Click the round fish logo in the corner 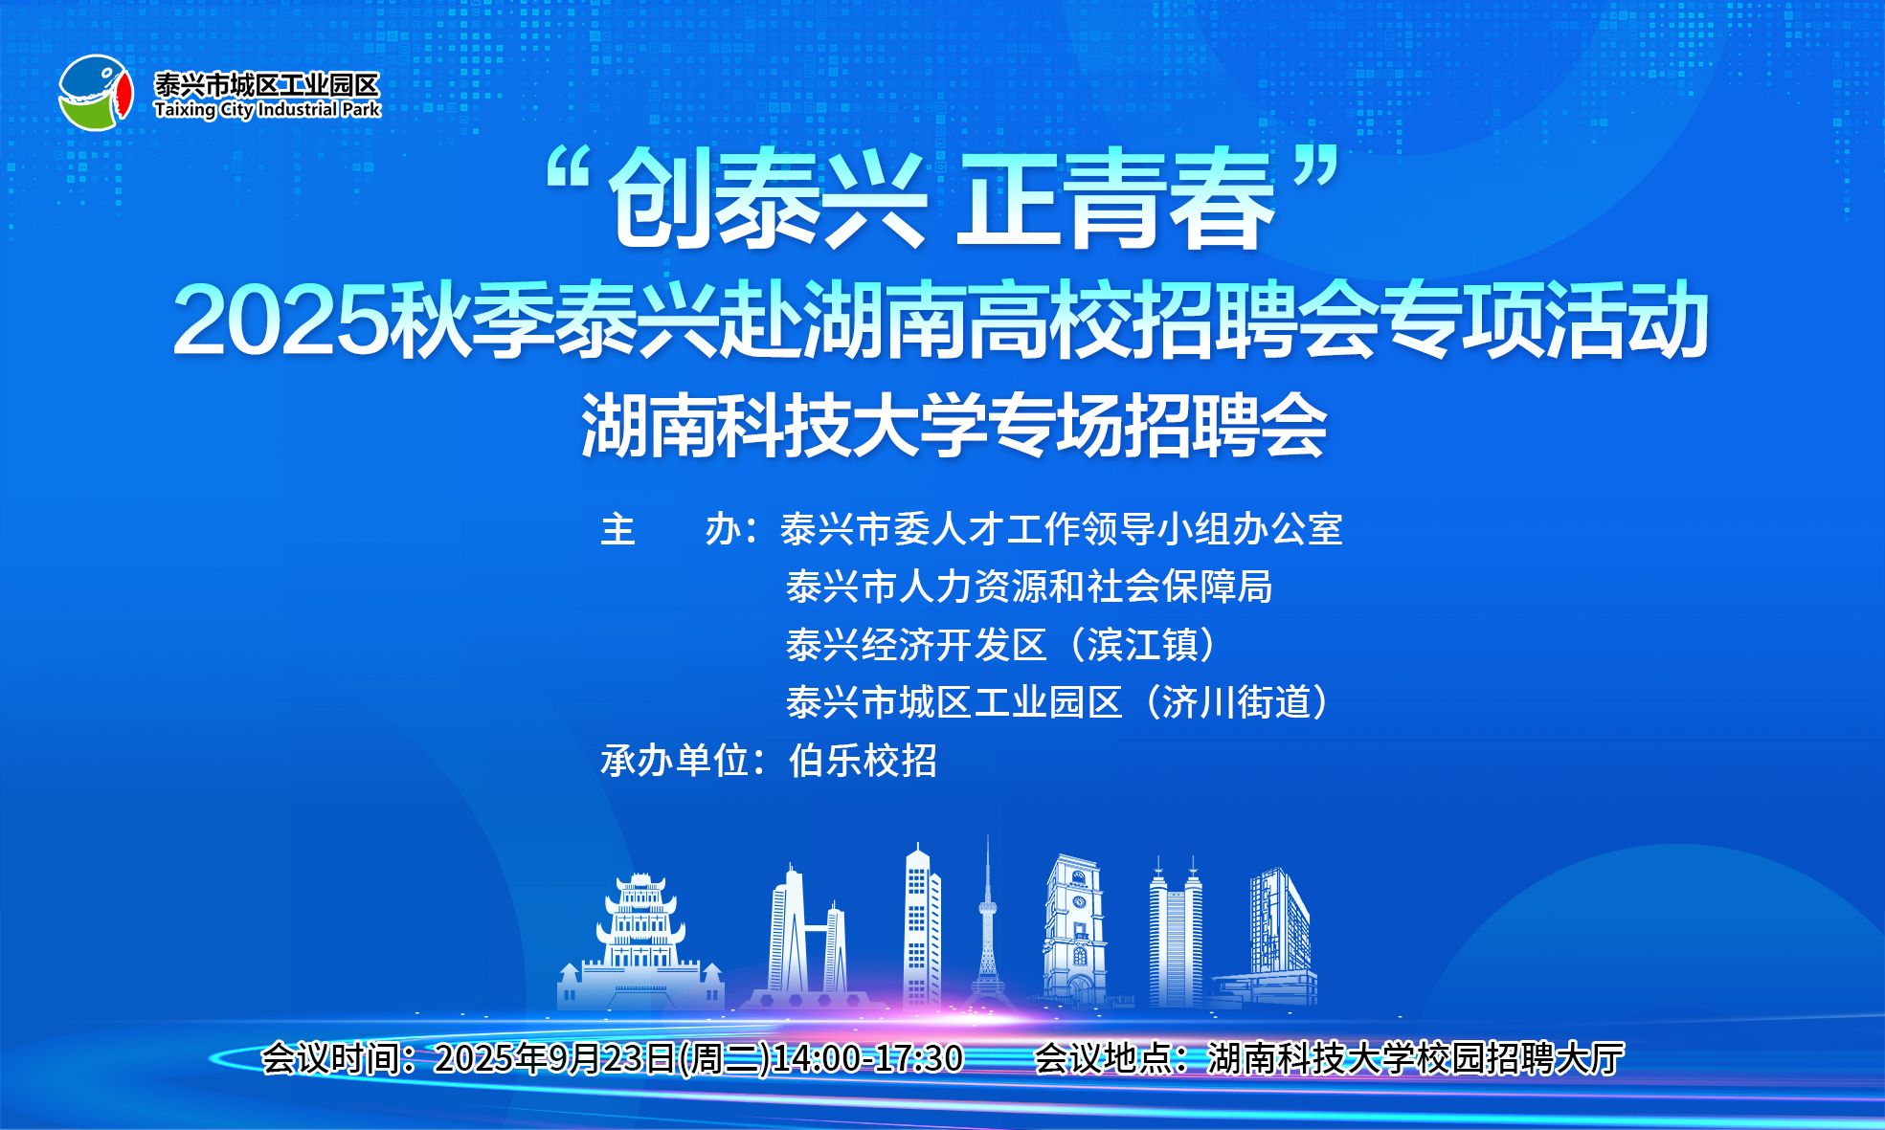95,92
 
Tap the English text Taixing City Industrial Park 267,110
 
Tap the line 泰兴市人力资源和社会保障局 1029,587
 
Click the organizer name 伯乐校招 863,761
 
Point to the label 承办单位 674,761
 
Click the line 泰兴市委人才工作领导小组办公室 1062,529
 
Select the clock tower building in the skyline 1074,931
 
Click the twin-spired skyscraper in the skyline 1175,932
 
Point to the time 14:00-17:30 867,1058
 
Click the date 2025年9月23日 555,1058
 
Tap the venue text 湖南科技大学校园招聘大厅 1416,1058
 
